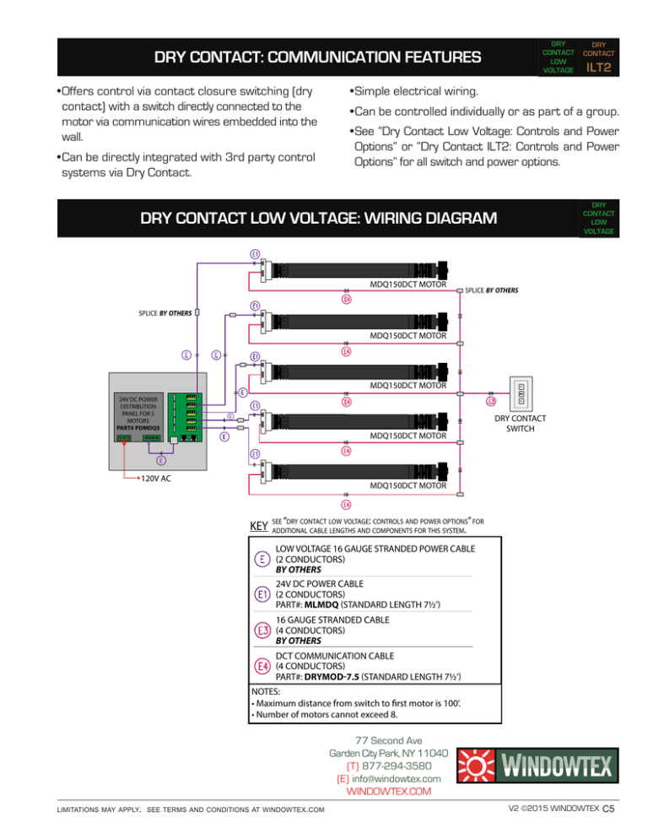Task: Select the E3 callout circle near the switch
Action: pyautogui.click(x=491, y=401)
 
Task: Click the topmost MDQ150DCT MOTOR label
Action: pyautogui.click(x=408, y=285)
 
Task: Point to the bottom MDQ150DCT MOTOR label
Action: pyautogui.click(x=408, y=487)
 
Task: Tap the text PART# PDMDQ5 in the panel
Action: pyautogui.click(x=138, y=427)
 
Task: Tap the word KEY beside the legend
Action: pyautogui.click(x=259, y=528)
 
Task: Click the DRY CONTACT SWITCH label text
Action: pyautogui.click(x=520, y=425)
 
